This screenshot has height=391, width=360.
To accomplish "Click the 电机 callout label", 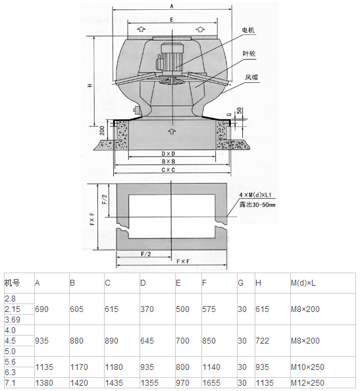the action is pyautogui.click(x=248, y=30).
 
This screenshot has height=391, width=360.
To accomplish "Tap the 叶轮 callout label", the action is pyautogui.click(x=249, y=53).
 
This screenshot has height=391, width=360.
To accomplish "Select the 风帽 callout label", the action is pyautogui.click(x=251, y=77).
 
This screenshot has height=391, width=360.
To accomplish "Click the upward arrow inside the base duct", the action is pyautogui.click(x=172, y=131).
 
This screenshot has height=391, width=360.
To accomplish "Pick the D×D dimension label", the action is pyautogui.click(x=168, y=154).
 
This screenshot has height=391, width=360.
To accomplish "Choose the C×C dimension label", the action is pyautogui.click(x=168, y=170).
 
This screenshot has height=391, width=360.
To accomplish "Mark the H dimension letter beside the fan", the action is pyautogui.click(x=90, y=86).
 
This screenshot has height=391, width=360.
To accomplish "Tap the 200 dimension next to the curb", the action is pyautogui.click(x=102, y=130).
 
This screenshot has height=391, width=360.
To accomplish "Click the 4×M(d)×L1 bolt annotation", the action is pyautogui.click(x=255, y=195).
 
